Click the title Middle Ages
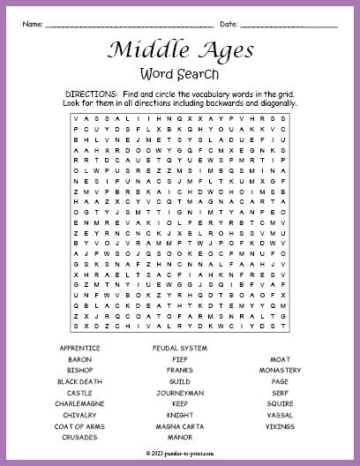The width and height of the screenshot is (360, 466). (180, 50)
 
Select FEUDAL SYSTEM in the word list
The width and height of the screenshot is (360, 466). (179, 349)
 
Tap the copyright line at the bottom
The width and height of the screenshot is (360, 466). (179, 450)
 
